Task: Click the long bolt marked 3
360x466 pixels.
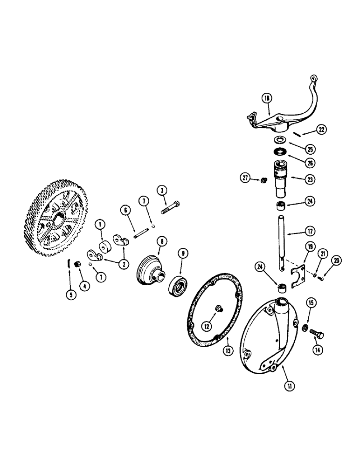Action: point(171,207)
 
